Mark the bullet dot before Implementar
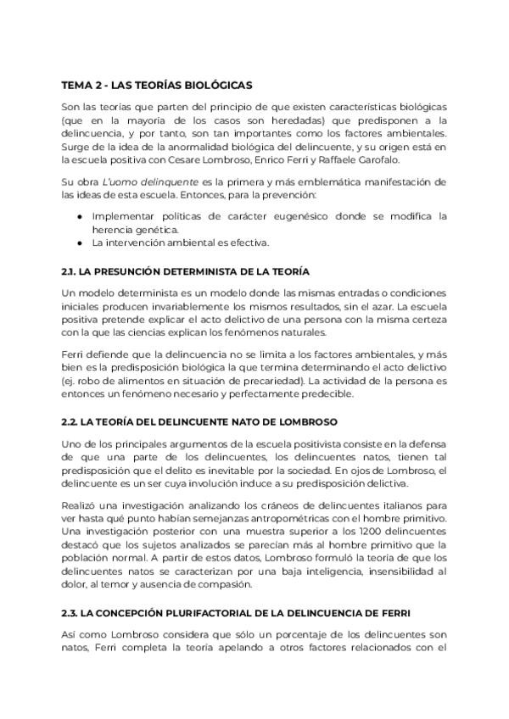tap(79, 216)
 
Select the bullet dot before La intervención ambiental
tap(79, 243)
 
